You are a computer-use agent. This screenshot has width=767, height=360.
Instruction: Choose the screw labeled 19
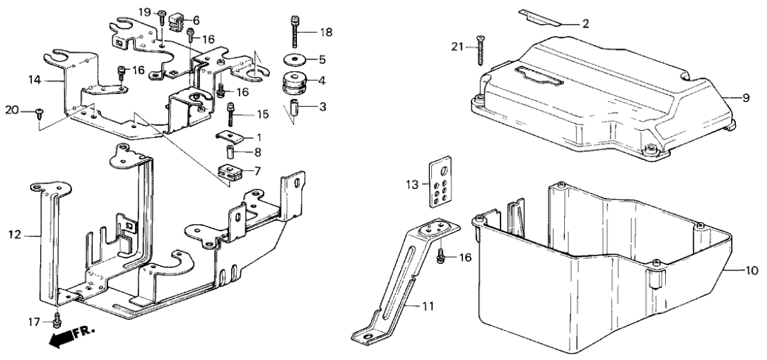click(161, 17)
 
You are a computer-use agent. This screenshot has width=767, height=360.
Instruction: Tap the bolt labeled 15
click(231, 113)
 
